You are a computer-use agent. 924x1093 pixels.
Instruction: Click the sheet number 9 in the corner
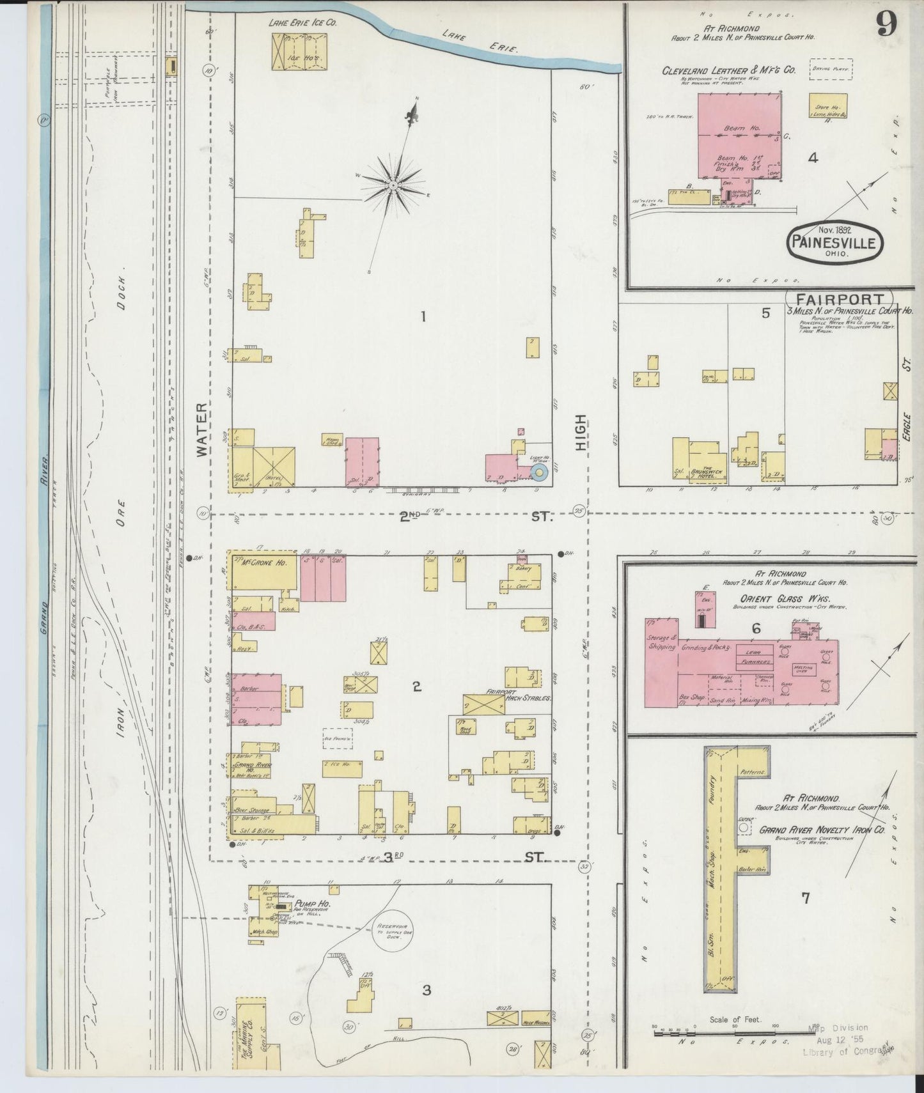[x=886, y=24]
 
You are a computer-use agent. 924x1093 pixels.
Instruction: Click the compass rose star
[x=391, y=185]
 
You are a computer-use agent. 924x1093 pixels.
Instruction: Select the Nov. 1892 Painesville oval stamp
[x=834, y=241]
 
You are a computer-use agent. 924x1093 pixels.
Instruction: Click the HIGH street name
[x=580, y=432]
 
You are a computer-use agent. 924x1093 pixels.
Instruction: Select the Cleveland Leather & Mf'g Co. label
[x=729, y=70]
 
